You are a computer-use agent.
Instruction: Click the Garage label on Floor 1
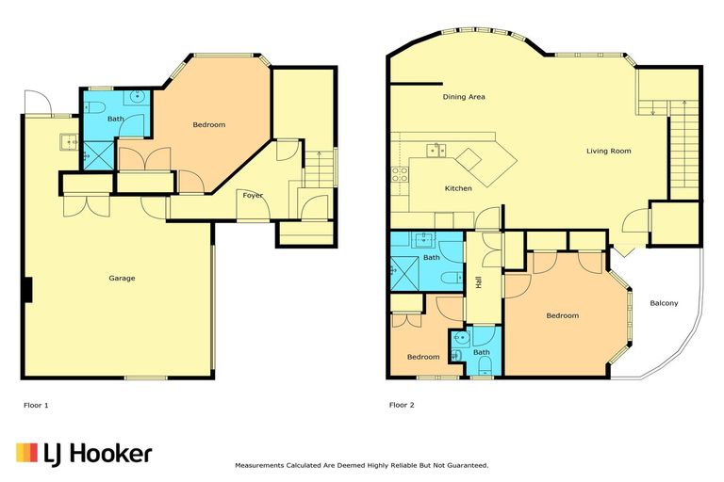click(122, 278)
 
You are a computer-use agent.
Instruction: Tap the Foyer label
click(253, 196)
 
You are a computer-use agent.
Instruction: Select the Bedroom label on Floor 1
click(208, 125)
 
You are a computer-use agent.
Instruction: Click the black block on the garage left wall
click(28, 290)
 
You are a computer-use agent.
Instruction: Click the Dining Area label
click(463, 97)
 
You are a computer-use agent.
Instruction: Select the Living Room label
click(608, 151)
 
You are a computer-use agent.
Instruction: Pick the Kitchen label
click(458, 188)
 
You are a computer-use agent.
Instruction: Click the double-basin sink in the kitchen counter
click(436, 149)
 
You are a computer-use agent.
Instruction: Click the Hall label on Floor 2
click(479, 281)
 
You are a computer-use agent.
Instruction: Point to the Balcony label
click(664, 302)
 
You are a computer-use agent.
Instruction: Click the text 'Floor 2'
click(402, 405)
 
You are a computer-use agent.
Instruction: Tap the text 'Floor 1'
click(36, 405)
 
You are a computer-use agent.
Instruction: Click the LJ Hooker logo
click(84, 454)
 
